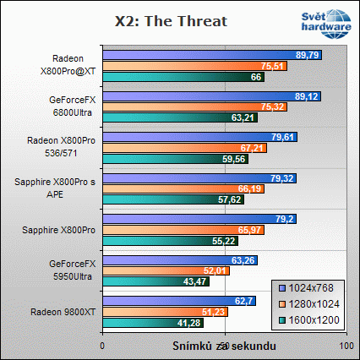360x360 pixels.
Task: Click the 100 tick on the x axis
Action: (x=343, y=346)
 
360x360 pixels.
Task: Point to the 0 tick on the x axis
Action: (x=102, y=346)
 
